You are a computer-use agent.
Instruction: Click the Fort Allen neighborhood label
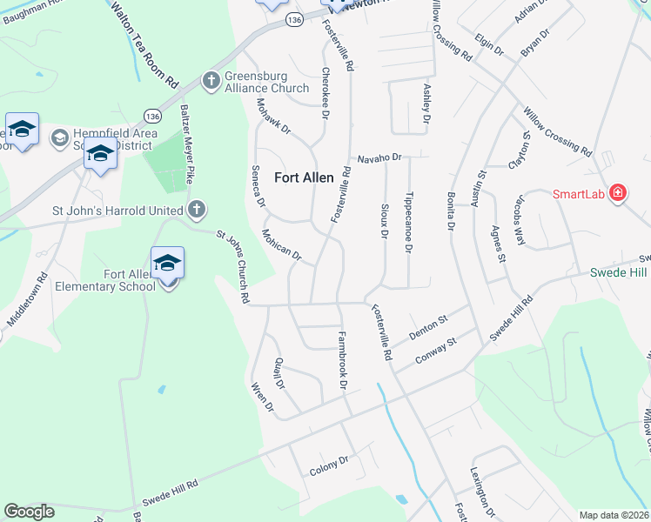(x=304, y=177)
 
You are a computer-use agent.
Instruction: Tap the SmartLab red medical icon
(x=618, y=192)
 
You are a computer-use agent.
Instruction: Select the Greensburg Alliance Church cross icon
(x=211, y=81)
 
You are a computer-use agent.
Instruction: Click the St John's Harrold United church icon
(x=198, y=209)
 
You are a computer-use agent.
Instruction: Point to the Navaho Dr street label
(x=380, y=158)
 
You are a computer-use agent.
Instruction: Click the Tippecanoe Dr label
(x=409, y=223)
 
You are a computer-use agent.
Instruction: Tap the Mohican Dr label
(x=281, y=244)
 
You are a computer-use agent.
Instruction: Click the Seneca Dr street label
(x=258, y=184)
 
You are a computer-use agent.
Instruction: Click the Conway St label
(x=436, y=350)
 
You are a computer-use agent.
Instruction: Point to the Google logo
(x=29, y=512)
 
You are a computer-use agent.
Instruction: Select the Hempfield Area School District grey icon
(x=60, y=137)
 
